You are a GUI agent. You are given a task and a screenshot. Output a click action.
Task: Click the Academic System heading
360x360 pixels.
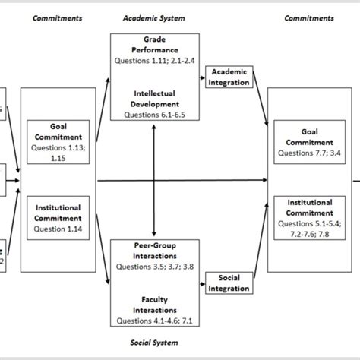tap(155, 17)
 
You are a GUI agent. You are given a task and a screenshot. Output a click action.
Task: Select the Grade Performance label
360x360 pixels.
tap(155, 43)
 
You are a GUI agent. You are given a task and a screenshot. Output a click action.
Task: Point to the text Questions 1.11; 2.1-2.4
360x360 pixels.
tap(155, 59)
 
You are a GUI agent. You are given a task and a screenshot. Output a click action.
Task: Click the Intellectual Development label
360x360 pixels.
tap(155, 99)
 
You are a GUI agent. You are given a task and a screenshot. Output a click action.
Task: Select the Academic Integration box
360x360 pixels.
tap(229, 77)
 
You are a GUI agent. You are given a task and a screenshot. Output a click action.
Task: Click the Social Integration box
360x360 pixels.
tap(229, 283)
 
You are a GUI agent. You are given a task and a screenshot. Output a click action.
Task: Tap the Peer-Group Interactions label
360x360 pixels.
tap(155, 251)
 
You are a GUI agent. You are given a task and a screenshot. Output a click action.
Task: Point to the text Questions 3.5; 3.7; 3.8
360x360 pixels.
tap(155, 267)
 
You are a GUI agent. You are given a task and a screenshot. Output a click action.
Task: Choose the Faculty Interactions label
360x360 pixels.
tap(155, 305)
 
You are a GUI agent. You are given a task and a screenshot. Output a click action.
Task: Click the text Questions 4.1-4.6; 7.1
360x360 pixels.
tap(155, 320)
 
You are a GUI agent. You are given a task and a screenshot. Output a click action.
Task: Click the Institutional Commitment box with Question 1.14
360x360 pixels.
tap(54, 217)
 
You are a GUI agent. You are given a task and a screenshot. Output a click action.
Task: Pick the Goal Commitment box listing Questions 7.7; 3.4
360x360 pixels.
tap(305, 142)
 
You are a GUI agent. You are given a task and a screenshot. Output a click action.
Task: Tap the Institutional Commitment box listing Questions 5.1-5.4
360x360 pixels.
tap(305, 217)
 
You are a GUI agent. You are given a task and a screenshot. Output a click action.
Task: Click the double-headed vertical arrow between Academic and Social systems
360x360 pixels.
tap(155, 180)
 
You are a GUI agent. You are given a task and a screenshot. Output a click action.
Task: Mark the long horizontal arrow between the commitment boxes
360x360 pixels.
tap(182, 181)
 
